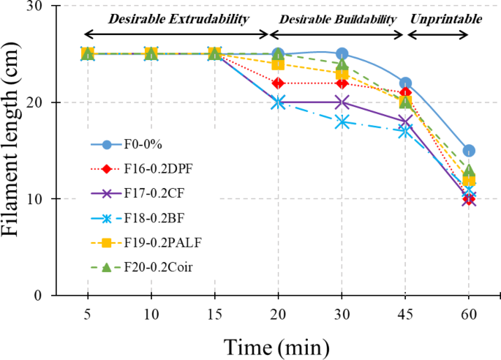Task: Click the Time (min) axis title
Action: (x=276, y=344)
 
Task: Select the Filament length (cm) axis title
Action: (x=16, y=150)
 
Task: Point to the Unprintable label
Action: (x=445, y=19)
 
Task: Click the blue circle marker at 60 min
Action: (x=469, y=151)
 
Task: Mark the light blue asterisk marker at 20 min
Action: (x=278, y=102)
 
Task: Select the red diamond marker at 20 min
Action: (x=278, y=83)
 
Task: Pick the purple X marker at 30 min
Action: (x=342, y=102)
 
